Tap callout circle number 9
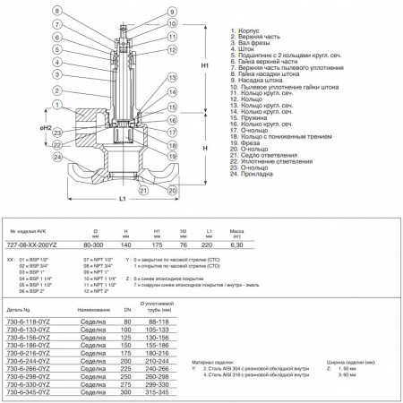[x=169, y=11]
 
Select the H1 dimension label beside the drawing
[x=205, y=65]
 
